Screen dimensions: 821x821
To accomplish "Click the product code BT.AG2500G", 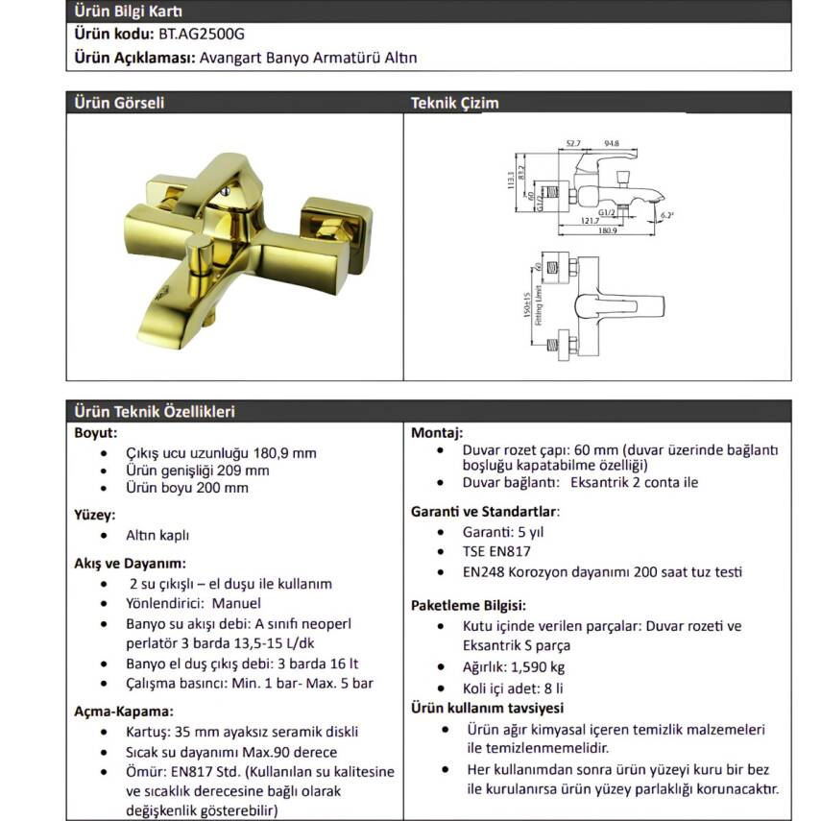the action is pyautogui.click(x=202, y=34).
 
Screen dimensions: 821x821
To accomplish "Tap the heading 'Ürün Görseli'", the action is pyautogui.click(x=119, y=103).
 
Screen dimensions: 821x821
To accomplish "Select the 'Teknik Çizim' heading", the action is pyautogui.click(x=454, y=103).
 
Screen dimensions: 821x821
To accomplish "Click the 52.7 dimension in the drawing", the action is pyautogui.click(x=573, y=143).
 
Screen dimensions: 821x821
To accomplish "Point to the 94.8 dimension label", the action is pyautogui.click(x=611, y=143).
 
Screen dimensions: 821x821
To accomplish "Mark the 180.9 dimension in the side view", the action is pyautogui.click(x=608, y=230).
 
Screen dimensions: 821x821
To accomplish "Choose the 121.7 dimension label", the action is pyautogui.click(x=591, y=221).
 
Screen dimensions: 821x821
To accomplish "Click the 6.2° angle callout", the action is pyautogui.click(x=667, y=215).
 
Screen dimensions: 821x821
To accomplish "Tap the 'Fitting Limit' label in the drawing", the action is pyautogui.click(x=539, y=305).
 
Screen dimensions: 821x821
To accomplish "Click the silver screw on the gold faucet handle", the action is pyautogui.click(x=225, y=191).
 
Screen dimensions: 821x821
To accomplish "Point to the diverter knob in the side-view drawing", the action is pyautogui.click(x=623, y=178).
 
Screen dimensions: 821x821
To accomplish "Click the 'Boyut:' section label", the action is pyautogui.click(x=96, y=433).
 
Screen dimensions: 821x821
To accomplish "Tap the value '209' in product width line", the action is pyautogui.click(x=229, y=471).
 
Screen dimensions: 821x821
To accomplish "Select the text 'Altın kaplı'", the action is pyautogui.click(x=157, y=535).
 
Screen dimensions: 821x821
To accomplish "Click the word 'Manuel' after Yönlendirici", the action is pyautogui.click(x=236, y=603).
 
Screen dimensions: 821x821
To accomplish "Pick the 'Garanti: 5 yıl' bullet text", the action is pyautogui.click(x=503, y=532).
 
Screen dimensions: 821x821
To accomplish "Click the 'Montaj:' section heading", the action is pyautogui.click(x=437, y=433).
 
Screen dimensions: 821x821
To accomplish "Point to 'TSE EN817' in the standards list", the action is pyautogui.click(x=496, y=551).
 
